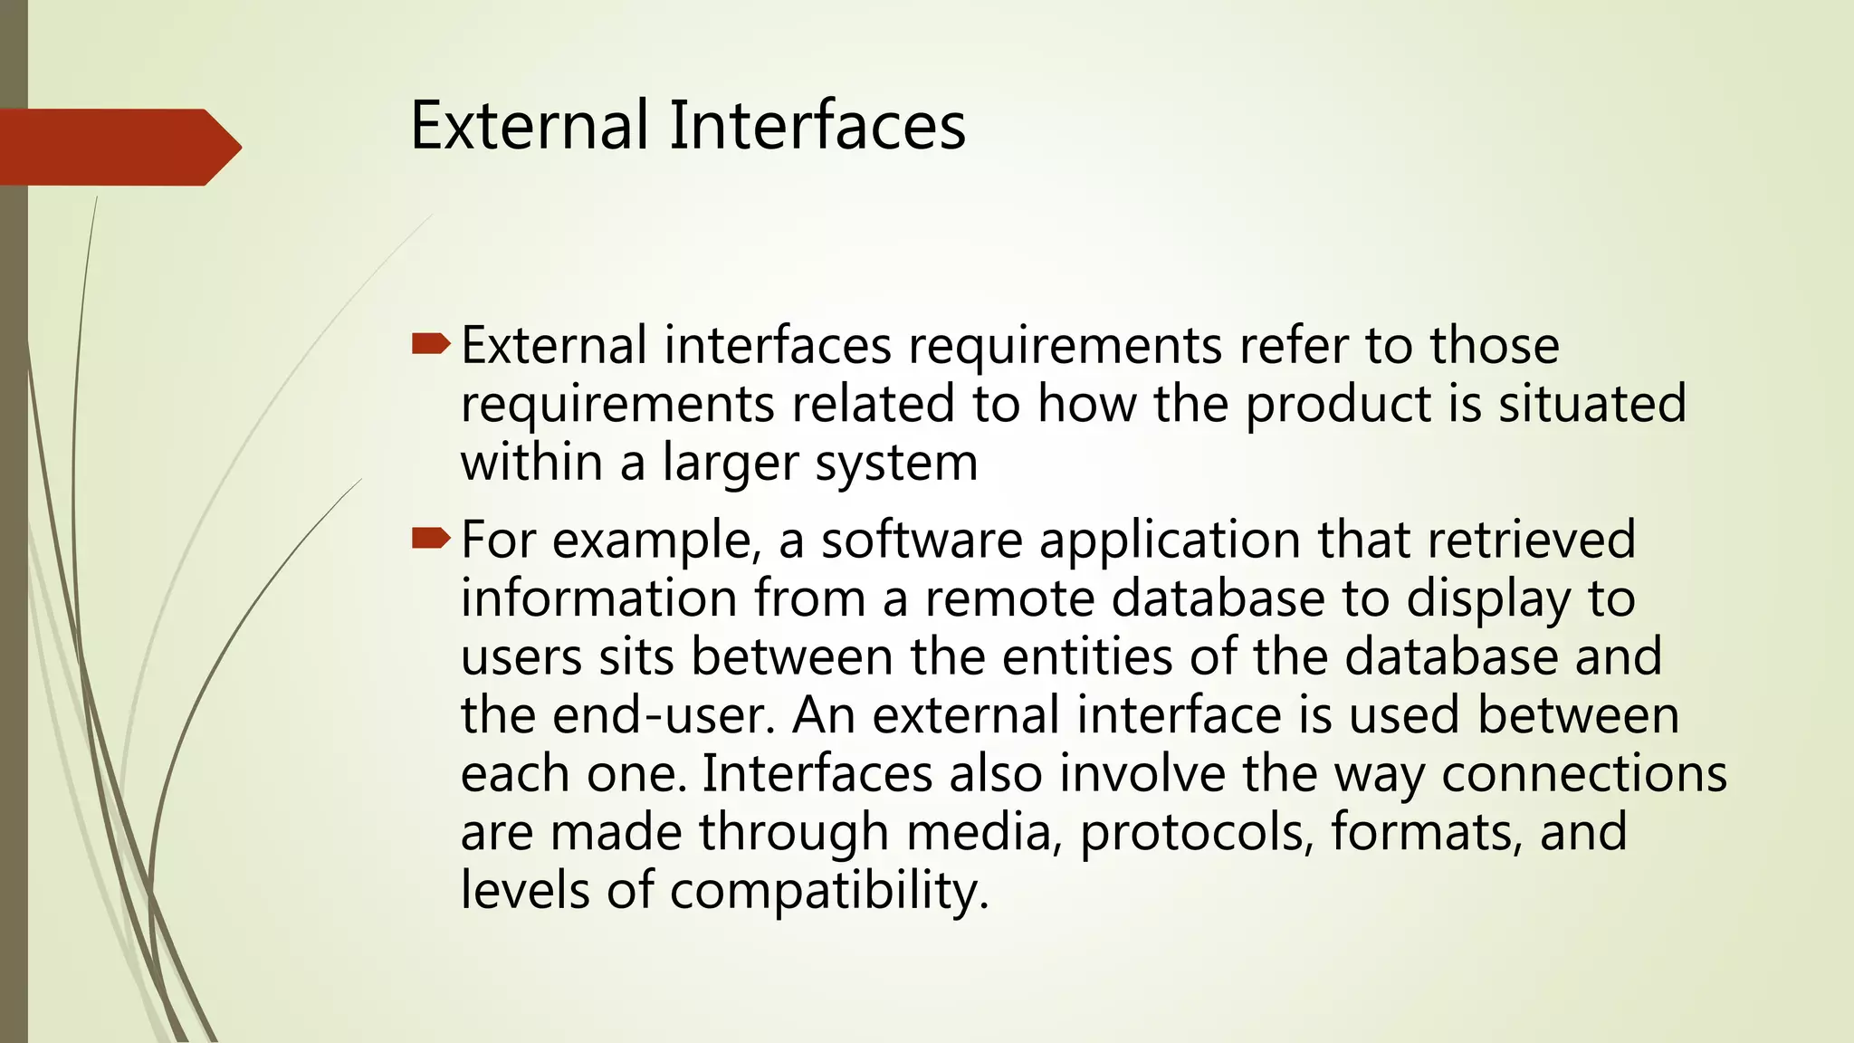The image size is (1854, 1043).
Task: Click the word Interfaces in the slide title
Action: [817, 125]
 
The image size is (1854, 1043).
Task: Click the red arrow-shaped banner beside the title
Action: [118, 147]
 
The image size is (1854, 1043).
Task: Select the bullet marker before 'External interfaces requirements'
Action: [430, 343]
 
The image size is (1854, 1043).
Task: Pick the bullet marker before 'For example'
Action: [430, 540]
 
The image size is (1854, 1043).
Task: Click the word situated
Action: [1592, 404]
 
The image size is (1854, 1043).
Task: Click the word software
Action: [922, 541]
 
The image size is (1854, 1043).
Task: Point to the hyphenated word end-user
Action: [664, 715]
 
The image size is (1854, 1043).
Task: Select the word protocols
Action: [1196, 832]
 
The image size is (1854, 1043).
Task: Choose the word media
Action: [984, 832]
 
